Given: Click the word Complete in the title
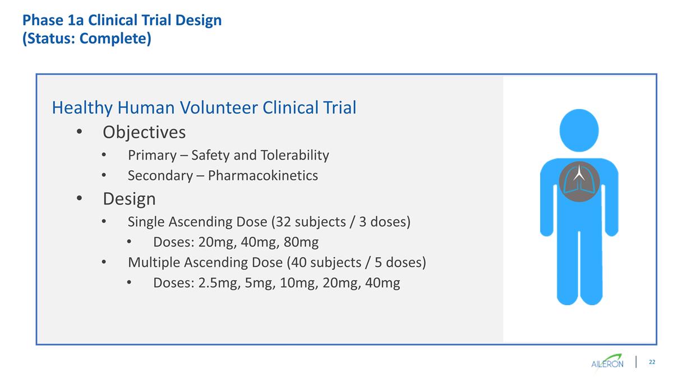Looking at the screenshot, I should click(119, 40).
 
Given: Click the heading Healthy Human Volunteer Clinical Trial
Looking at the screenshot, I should click(204, 108).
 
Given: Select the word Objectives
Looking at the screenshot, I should click(144, 133).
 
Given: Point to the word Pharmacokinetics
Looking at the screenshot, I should click(262, 176).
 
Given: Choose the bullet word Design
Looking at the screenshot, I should click(129, 199).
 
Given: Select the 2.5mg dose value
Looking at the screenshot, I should click(218, 283).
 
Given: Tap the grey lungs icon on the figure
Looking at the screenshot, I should click(579, 180).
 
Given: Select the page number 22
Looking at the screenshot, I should click(652, 362).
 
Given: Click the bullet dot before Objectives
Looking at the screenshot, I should click(79, 133).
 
